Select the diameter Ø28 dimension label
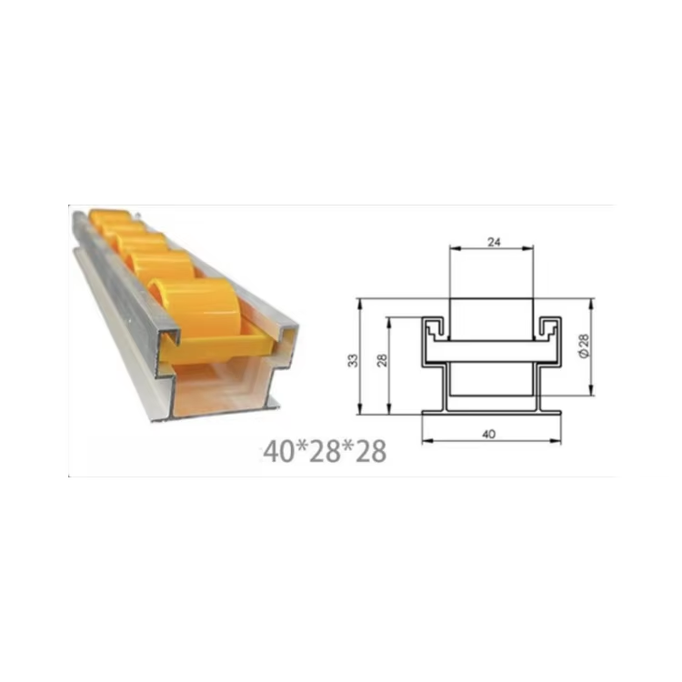(x=584, y=345)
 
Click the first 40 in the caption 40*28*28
(x=276, y=450)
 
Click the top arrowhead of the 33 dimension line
(x=359, y=302)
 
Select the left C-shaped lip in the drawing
(x=434, y=328)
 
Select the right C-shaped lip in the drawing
(x=550, y=328)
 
